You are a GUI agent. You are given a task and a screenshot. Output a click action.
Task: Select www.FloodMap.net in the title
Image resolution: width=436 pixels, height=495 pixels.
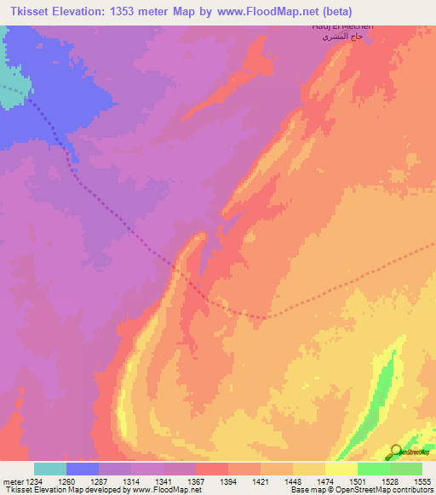click(x=290, y=13)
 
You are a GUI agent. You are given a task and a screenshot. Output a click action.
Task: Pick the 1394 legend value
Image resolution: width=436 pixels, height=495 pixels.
click(x=228, y=482)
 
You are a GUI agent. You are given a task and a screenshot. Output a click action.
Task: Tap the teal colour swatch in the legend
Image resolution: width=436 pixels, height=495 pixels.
click(x=50, y=469)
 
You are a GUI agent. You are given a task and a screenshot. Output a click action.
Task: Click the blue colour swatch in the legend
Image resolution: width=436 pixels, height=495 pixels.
click(x=83, y=469)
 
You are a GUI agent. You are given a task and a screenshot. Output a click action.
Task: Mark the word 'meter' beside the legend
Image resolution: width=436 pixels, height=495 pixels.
click(x=11, y=482)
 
